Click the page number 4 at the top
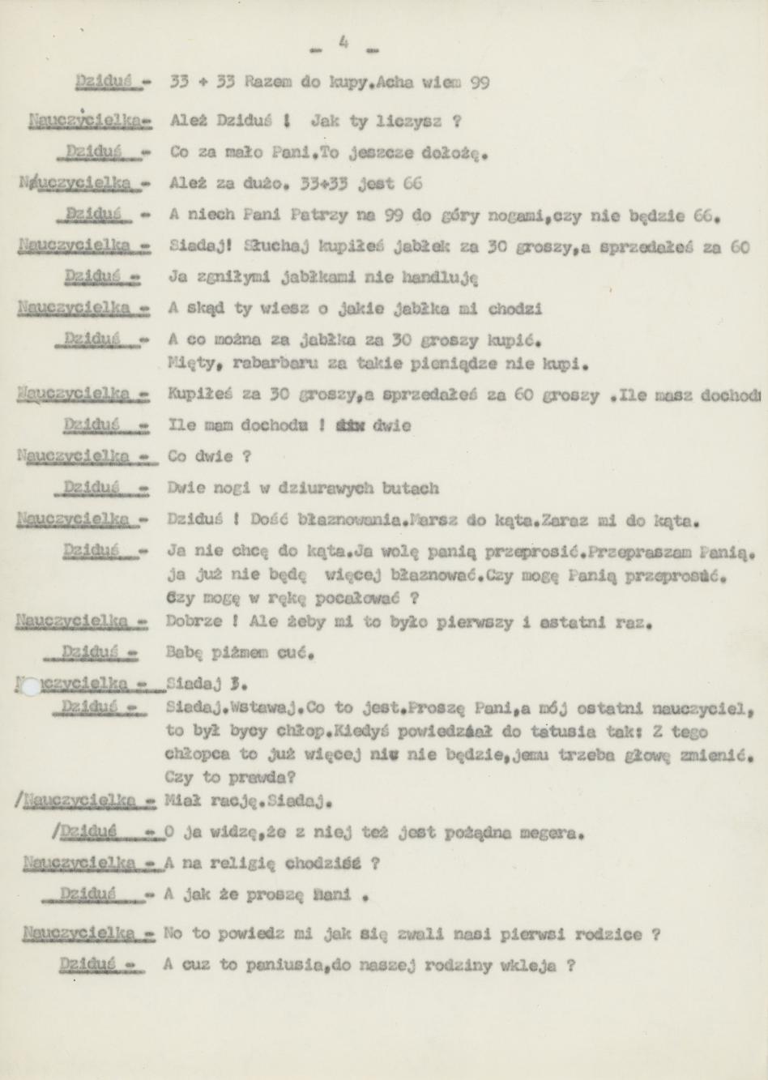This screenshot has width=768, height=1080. click(343, 42)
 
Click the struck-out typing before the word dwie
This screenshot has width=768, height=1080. click(351, 425)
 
